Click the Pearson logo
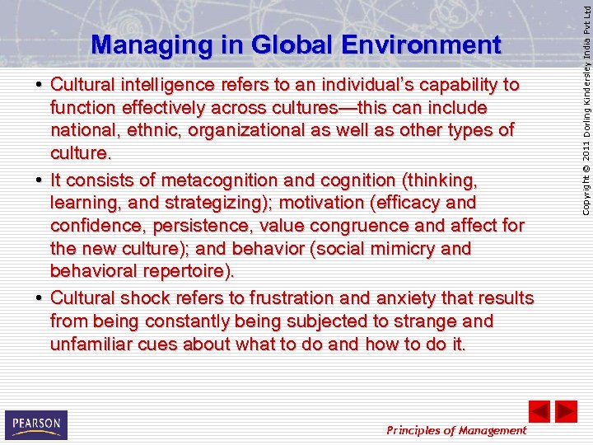pyautogui.click(x=35, y=424)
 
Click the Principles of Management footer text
pyautogui.click(x=457, y=430)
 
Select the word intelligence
pyautogui.click(x=168, y=85)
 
